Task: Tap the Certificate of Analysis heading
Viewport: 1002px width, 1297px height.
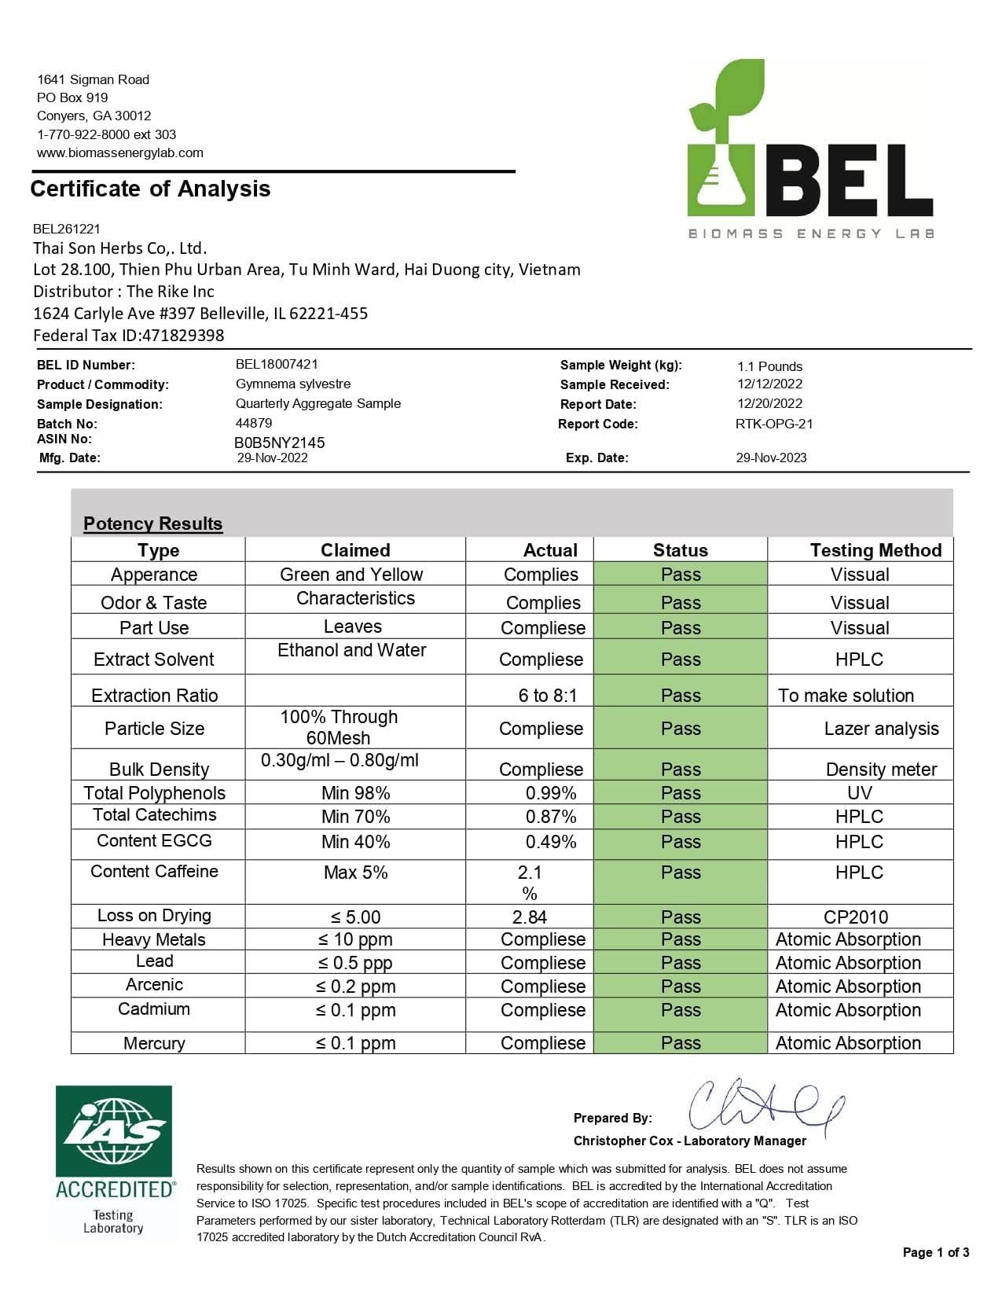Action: click(150, 189)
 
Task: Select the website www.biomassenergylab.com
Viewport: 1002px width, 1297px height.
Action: click(120, 152)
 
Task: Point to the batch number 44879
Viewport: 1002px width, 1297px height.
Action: click(254, 423)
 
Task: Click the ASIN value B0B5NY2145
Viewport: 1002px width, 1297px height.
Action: click(280, 443)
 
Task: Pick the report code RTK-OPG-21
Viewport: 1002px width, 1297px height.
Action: click(774, 424)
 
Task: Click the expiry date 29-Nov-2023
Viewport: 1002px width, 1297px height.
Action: click(771, 457)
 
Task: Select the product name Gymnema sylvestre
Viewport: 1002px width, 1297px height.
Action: click(293, 384)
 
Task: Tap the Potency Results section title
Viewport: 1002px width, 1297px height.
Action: click(153, 524)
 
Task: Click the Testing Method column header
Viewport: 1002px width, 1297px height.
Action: click(875, 550)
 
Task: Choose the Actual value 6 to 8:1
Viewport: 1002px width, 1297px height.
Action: click(548, 696)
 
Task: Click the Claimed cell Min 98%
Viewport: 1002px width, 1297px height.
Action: click(355, 793)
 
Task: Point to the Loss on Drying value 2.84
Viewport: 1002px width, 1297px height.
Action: click(530, 917)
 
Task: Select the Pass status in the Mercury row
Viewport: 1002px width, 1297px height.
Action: click(681, 1043)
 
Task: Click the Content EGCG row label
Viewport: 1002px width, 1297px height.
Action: click(154, 841)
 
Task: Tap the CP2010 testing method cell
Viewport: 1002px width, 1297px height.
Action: click(856, 917)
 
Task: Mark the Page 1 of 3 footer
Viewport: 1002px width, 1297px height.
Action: click(936, 1252)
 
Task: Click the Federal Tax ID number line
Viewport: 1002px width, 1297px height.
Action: click(129, 336)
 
